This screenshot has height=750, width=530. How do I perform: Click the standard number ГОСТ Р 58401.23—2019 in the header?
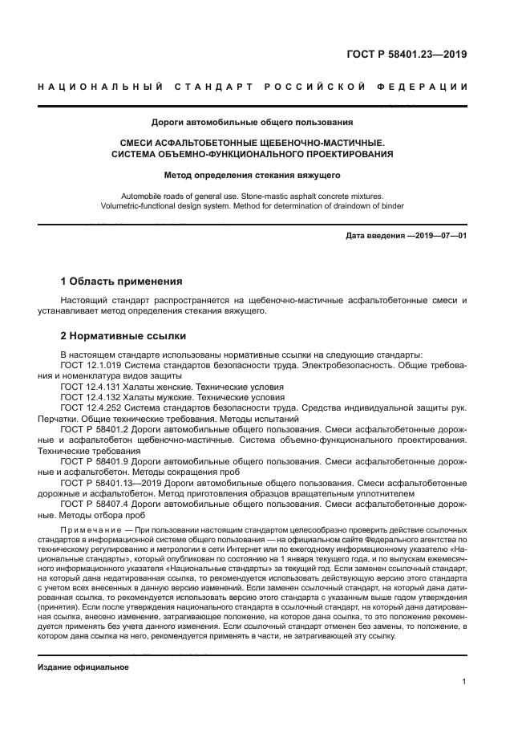click(407, 55)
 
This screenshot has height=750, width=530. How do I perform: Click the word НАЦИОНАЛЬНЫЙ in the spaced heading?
click(99, 86)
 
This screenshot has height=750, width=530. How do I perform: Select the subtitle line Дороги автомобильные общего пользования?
click(253, 123)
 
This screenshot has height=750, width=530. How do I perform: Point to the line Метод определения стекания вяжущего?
click(253, 174)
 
